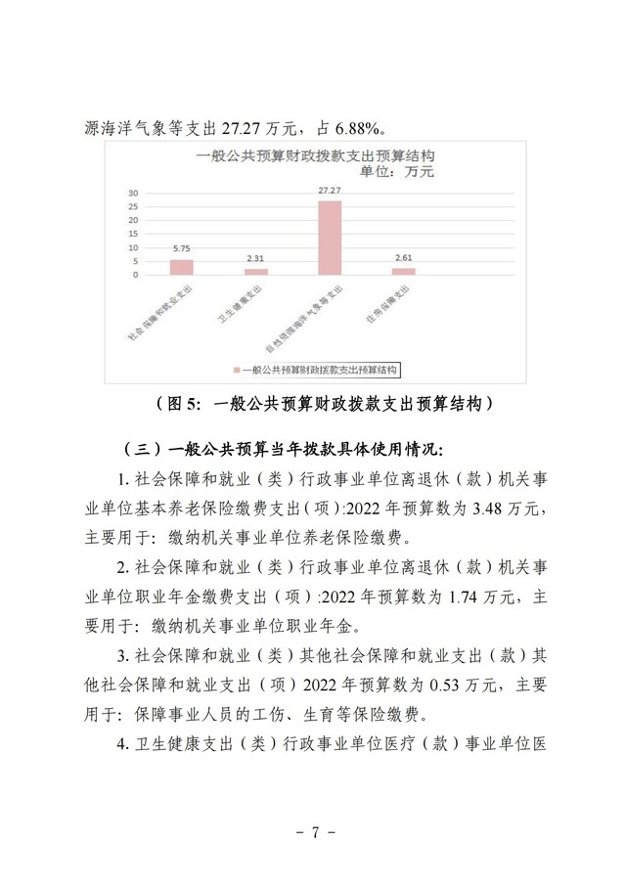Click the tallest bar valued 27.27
tap(330, 238)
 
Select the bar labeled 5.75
tap(181, 267)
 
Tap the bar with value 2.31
tap(255, 272)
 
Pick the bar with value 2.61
tap(403, 271)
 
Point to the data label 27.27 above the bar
tap(330, 190)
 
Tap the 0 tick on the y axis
tap(135, 275)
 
